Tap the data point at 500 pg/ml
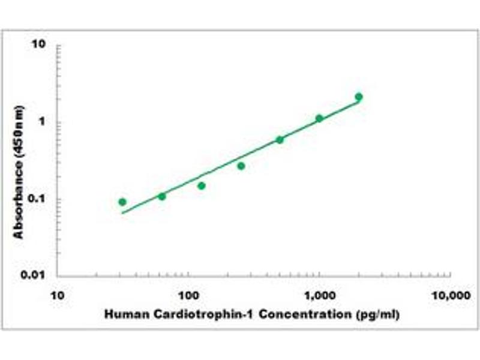(280, 140)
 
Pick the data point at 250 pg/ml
(241, 166)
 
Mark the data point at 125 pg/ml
(202, 185)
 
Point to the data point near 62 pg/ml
(162, 196)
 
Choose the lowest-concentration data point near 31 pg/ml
(122, 202)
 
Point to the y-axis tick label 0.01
(37, 275)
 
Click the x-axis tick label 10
(58, 296)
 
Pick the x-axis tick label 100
(188, 296)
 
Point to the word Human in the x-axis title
(124, 314)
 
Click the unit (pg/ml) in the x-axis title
(377, 314)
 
